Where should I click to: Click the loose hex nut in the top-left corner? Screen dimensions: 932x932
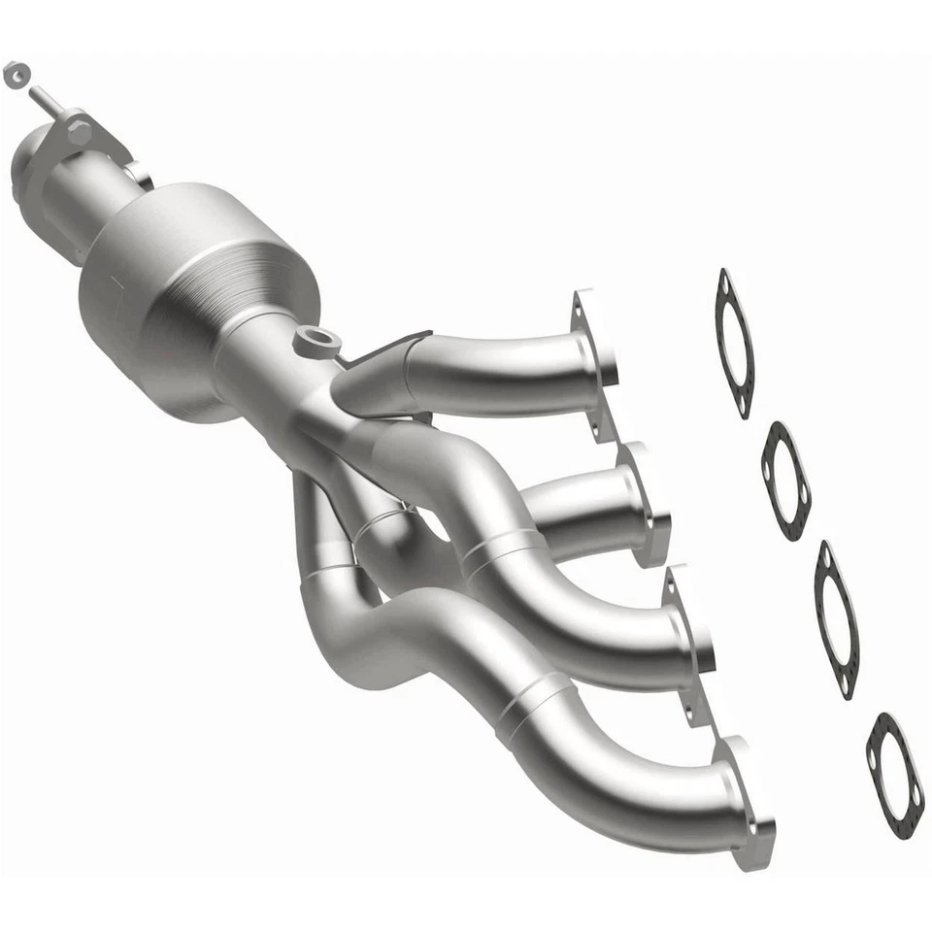(16, 74)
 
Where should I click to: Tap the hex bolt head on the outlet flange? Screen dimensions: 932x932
(80, 131)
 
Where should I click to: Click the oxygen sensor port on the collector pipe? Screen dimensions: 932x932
(317, 341)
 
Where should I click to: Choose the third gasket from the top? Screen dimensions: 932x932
(836, 618)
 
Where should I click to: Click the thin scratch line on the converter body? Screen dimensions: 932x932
(116, 281)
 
